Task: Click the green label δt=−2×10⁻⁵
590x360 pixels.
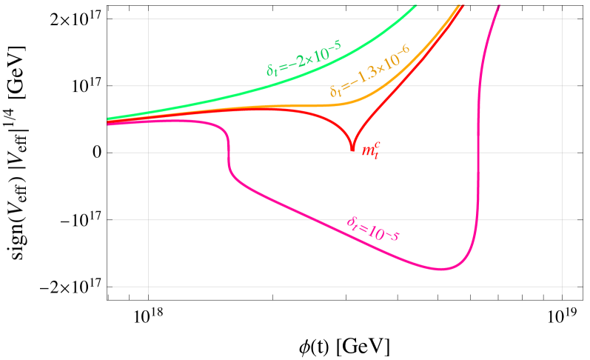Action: [x=304, y=58]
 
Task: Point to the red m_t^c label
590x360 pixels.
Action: [x=370, y=150]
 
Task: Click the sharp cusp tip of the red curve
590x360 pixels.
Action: [x=352, y=151]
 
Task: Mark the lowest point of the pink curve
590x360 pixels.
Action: [x=442, y=269]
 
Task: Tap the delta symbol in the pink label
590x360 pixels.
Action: [x=352, y=221]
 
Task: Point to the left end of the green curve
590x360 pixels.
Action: [x=108, y=119]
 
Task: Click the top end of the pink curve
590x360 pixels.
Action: [x=499, y=6]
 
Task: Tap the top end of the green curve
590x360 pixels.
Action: [x=416, y=6]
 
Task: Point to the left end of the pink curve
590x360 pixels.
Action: [x=108, y=124]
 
